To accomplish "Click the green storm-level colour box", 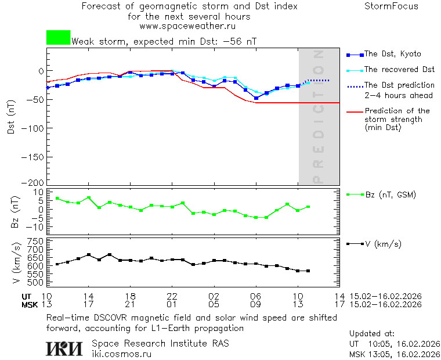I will coord(58,38).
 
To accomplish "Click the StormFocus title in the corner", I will coord(391,6).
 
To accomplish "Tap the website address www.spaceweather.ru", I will coord(187,26).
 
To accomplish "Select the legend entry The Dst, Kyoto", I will coord(392,54).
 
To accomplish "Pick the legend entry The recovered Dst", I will coord(399,70).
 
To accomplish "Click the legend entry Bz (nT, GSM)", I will coord(390,195).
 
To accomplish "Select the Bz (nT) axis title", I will coord(16,210).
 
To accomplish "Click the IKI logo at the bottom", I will coord(65,348).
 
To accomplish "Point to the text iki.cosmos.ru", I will coord(121,354).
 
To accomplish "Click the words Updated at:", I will coord(372,334).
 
